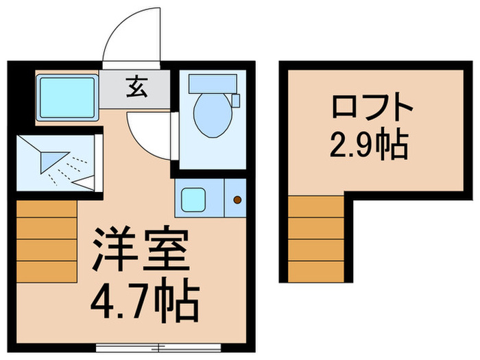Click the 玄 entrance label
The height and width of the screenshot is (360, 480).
click(x=134, y=86)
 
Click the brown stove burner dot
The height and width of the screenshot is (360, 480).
click(x=238, y=200)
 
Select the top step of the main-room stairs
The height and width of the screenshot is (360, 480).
click(x=46, y=209)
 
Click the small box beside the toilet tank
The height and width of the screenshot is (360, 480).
click(x=236, y=100)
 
